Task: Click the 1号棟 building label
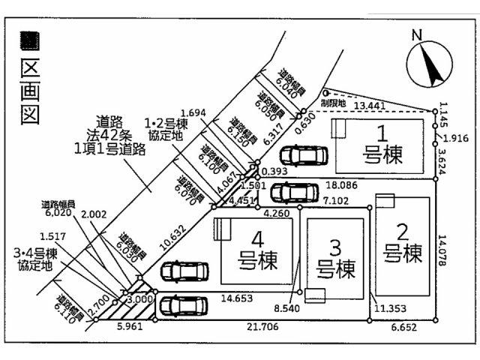pos(382,145)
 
